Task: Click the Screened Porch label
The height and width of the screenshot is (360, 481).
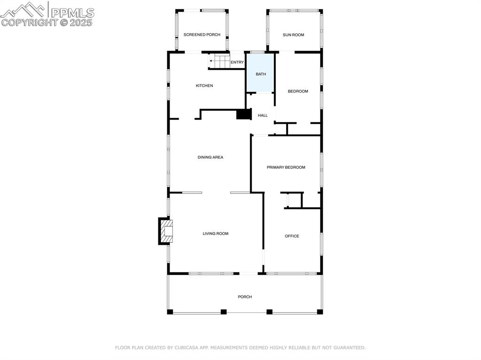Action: (202, 35)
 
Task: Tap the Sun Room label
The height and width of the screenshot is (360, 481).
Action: (294, 35)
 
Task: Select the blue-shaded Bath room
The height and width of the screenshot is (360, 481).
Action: (261, 74)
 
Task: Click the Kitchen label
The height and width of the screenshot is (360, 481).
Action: (204, 85)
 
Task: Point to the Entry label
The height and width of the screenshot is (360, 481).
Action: (237, 62)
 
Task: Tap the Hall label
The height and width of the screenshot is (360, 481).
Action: (263, 115)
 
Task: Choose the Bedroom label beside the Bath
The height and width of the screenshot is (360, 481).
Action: (298, 91)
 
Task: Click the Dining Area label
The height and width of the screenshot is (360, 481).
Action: (210, 157)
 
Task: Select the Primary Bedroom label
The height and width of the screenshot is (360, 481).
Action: (286, 167)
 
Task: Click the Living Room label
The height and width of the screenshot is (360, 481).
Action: (216, 233)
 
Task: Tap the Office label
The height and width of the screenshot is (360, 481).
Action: (292, 236)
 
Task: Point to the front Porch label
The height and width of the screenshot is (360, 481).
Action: (245, 297)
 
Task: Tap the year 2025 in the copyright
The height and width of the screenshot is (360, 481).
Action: (81, 22)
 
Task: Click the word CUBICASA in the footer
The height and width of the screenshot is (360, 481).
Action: (188, 348)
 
